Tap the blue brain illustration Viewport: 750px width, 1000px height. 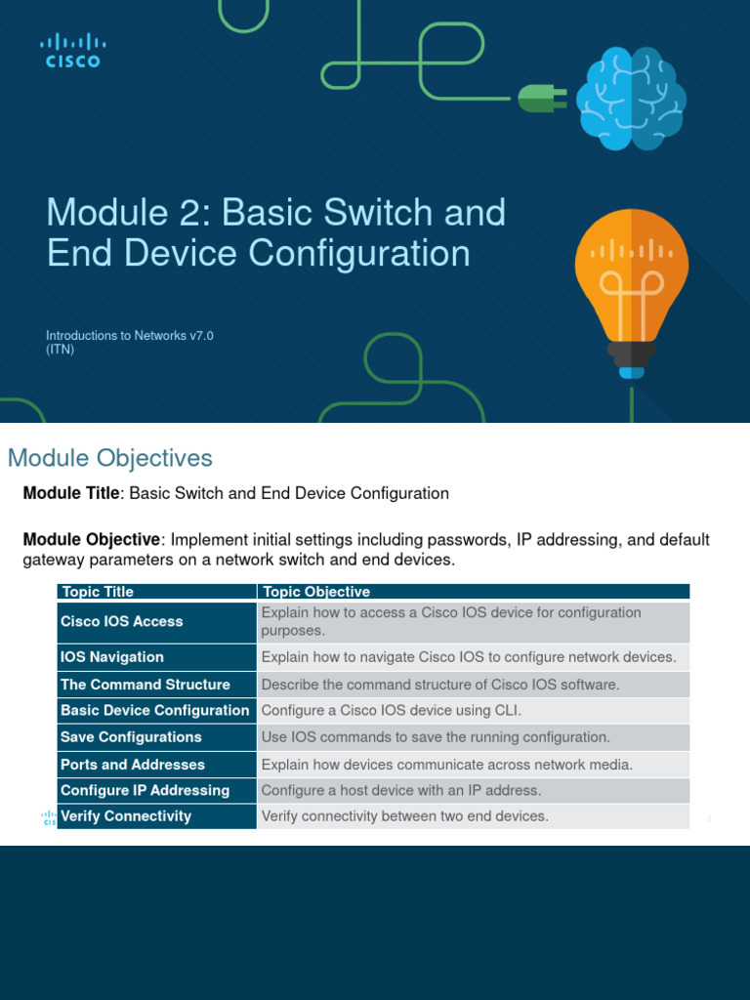point(631,100)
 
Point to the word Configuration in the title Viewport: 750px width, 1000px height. point(357,253)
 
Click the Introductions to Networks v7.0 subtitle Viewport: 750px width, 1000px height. point(130,336)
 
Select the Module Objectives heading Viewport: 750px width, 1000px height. point(109,458)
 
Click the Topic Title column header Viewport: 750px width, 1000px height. point(97,592)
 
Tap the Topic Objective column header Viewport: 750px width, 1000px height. point(315,592)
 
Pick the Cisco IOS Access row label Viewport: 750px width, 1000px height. point(121,621)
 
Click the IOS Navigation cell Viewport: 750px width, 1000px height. point(111,657)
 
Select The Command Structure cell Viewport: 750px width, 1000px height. point(145,685)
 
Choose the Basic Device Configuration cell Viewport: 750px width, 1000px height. point(154,710)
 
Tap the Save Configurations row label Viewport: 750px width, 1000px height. point(131,737)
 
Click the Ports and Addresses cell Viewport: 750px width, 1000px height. point(132,765)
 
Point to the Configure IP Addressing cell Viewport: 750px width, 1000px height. point(145,790)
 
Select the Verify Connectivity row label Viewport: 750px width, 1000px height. point(125,816)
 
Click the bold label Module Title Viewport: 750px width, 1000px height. point(70,493)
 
